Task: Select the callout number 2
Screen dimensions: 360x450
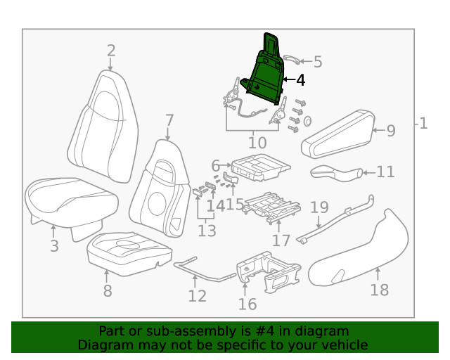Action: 111,50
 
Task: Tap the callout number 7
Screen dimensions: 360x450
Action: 169,120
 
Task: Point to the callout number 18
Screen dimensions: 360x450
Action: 379,290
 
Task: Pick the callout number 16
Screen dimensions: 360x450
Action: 247,304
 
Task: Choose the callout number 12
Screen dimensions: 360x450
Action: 197,296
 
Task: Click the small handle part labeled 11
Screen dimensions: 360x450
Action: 335,172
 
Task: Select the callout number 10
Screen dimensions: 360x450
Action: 257,143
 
